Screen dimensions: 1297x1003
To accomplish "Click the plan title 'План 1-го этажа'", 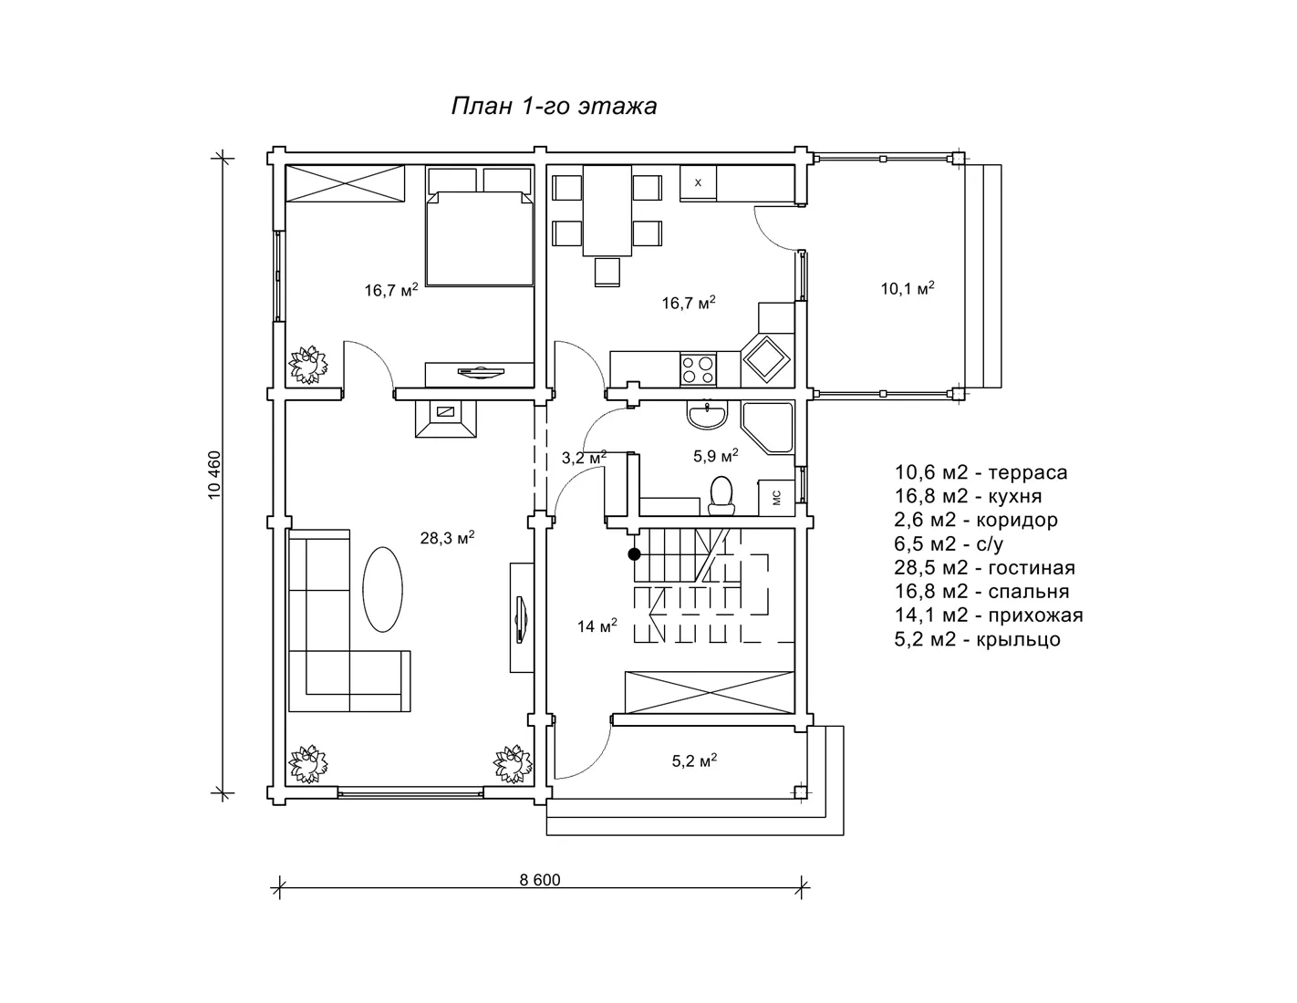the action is (x=554, y=106).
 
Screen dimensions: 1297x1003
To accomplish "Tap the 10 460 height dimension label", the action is (x=215, y=475).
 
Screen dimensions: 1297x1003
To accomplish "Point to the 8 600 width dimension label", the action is (x=540, y=880).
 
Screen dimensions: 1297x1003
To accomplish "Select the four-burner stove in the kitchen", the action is (x=699, y=369).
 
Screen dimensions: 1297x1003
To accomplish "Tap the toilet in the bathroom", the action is (x=721, y=495).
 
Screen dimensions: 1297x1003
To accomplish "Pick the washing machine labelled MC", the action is (x=776, y=498).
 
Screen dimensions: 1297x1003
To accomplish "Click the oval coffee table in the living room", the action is (x=382, y=590).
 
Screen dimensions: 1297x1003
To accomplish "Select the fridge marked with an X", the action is (x=698, y=183).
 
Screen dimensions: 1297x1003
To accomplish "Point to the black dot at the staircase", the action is (x=634, y=554).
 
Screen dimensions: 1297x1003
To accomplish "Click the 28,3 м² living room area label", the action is (x=447, y=538).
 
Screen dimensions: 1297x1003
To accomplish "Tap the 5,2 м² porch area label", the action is (x=694, y=760).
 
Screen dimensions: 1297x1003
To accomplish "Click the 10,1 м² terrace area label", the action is (x=908, y=288).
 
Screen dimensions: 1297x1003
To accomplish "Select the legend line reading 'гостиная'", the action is (x=984, y=567).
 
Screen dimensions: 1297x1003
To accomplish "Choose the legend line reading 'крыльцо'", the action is (x=977, y=639).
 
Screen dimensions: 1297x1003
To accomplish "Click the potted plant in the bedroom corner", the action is (x=308, y=365).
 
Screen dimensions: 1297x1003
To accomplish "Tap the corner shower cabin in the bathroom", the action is (x=768, y=428).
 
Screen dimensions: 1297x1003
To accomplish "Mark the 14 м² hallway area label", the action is (x=597, y=626).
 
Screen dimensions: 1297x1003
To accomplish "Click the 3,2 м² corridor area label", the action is (x=584, y=458).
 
